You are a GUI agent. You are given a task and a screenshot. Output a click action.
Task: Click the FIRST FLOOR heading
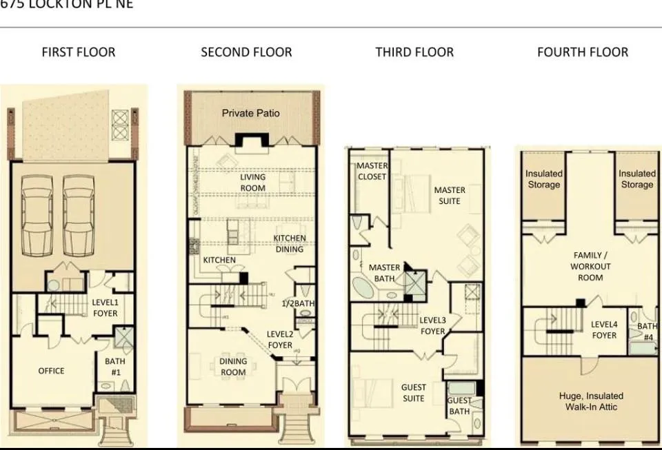click(79, 52)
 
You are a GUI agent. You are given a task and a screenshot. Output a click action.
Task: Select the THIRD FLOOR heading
click(414, 52)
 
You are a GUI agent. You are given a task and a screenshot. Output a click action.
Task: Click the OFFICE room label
click(52, 371)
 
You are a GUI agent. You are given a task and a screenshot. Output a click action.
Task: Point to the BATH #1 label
click(115, 366)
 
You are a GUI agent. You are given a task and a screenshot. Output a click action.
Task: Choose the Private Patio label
click(250, 113)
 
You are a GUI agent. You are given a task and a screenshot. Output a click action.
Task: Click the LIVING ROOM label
click(252, 183)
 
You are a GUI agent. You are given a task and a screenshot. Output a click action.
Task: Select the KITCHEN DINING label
click(290, 244)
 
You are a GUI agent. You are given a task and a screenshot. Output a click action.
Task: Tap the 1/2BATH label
click(299, 303)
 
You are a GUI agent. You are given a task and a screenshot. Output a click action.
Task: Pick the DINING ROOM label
click(233, 367)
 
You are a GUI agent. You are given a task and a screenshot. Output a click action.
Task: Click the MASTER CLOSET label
click(372, 172)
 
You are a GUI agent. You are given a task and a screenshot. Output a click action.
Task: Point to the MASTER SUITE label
click(450, 196)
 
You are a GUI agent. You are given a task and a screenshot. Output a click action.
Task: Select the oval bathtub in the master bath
click(363, 288)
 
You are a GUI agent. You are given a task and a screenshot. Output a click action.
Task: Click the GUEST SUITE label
click(414, 393)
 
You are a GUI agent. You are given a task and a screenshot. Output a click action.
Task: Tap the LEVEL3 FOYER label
click(433, 326)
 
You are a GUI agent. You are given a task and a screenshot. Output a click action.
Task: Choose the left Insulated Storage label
click(544, 179)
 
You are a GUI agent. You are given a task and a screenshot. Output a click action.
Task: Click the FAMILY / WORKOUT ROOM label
click(590, 267)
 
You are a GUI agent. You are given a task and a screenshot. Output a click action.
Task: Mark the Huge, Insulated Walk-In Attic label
click(591, 401)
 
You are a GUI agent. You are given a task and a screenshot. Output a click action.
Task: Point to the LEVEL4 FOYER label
click(604, 330)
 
